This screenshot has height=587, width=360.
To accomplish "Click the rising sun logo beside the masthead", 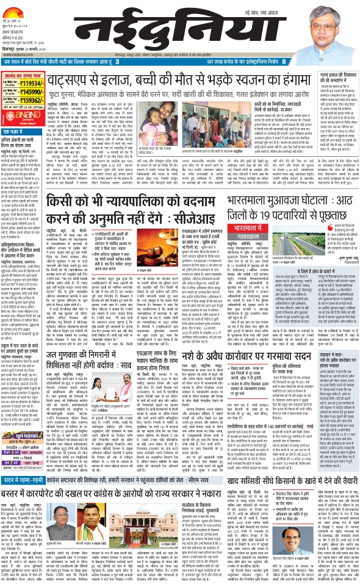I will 14,7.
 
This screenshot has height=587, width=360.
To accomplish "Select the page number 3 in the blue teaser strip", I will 117,61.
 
